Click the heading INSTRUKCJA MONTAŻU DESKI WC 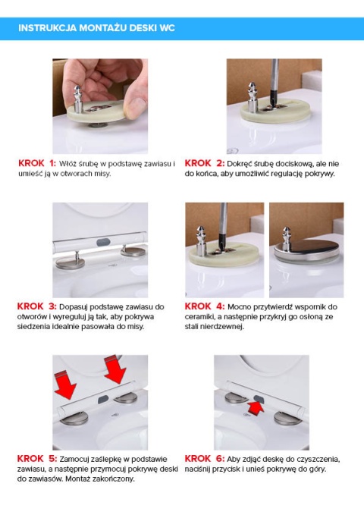click(x=96, y=28)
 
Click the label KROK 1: click(x=37, y=163)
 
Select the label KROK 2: click(x=204, y=163)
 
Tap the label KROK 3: click(x=36, y=306)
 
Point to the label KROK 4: click(x=204, y=306)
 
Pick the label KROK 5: click(x=37, y=459)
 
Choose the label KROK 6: click(x=204, y=459)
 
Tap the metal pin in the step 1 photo click(x=78, y=99)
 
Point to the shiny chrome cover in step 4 click(x=306, y=250)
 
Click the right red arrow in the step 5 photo click(x=115, y=369)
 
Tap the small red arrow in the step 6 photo click(x=256, y=408)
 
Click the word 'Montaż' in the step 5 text click(x=77, y=479)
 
